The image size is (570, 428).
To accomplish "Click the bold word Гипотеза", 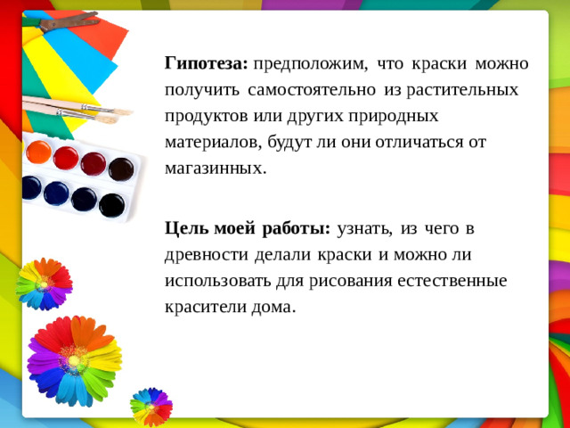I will tap(201, 64).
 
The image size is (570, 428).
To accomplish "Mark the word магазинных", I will tap(215, 168).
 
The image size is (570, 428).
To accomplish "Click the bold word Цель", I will tap(185, 228).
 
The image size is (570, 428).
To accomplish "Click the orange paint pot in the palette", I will tap(38, 152).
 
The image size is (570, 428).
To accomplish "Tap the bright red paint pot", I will tap(66, 159).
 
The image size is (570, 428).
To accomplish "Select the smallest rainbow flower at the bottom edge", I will tap(151, 406).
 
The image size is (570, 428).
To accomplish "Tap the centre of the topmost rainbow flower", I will tap(42, 284).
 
